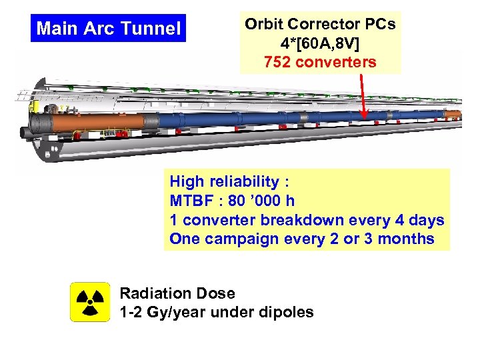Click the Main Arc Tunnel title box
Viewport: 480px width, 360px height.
(x=109, y=29)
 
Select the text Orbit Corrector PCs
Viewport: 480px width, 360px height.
(x=320, y=25)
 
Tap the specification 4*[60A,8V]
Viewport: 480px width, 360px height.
(x=321, y=44)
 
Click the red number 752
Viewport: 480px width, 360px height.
(x=279, y=63)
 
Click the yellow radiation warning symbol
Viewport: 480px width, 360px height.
(x=90, y=302)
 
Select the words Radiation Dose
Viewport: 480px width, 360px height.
(x=177, y=293)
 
